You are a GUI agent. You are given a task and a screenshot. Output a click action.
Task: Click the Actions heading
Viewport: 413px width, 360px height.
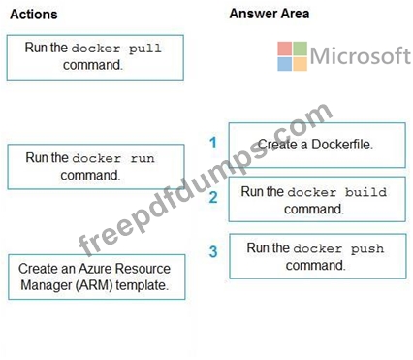click(34, 15)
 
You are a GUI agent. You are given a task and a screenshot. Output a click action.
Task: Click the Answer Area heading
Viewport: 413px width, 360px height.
click(270, 14)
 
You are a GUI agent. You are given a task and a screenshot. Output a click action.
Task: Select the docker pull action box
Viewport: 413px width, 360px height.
click(95, 57)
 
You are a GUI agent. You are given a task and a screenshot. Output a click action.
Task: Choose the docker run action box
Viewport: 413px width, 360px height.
click(96, 167)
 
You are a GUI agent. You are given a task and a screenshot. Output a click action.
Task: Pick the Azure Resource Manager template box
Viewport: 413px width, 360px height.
click(97, 277)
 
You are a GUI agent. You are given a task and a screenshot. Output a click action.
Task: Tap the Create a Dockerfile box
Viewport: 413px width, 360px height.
click(317, 145)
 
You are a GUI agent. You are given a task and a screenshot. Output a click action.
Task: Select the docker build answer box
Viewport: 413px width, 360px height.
click(317, 199)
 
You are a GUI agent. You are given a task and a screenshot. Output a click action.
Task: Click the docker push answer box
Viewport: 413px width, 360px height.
click(318, 256)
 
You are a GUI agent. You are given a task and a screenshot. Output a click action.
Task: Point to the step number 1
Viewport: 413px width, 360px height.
click(213, 143)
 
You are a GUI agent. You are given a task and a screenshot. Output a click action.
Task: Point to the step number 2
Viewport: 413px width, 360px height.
click(213, 197)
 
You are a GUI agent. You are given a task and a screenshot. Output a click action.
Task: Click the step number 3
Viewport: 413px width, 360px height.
click(213, 251)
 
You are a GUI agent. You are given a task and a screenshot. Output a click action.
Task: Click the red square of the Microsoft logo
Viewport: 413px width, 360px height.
click(285, 49)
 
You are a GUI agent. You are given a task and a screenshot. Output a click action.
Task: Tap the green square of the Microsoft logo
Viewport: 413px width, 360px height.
click(300, 49)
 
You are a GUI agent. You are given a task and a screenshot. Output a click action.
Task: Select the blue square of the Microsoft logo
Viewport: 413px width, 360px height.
click(285, 64)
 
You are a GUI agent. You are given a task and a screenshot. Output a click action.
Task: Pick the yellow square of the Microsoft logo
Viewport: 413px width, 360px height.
click(300, 64)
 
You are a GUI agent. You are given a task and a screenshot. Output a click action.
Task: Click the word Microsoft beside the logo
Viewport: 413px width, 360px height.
click(361, 55)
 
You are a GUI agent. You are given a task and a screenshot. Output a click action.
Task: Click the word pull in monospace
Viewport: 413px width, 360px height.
click(144, 49)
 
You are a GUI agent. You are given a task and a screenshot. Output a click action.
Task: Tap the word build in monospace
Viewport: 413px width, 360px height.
click(365, 192)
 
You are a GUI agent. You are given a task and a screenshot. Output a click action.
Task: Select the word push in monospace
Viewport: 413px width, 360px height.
click(367, 248)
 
